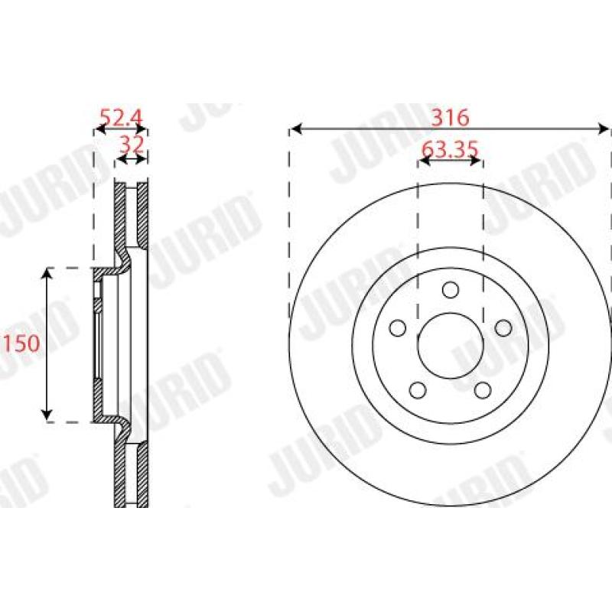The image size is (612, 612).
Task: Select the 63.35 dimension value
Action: click(x=450, y=150)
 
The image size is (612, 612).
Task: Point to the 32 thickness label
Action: click(x=132, y=144)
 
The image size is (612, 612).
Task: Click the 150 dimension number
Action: click(x=21, y=343)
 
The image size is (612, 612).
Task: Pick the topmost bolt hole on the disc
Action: click(x=450, y=290)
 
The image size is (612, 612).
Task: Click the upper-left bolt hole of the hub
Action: click(x=397, y=328)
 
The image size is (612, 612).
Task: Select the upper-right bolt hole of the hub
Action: click(x=503, y=327)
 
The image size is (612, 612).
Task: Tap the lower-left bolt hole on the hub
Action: click(x=417, y=390)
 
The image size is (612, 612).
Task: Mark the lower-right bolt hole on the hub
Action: click(x=482, y=390)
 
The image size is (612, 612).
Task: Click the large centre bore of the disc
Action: click(x=450, y=347)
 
